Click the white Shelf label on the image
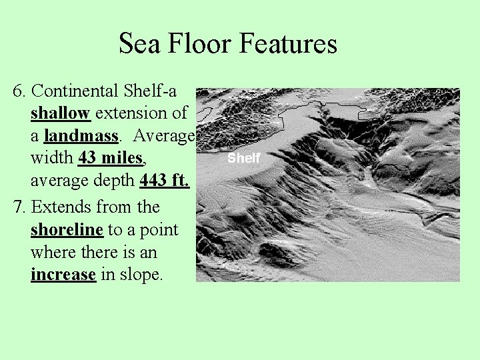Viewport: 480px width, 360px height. point(243,158)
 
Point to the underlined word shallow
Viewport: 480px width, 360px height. point(60,113)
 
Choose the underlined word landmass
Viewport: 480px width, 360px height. point(81,136)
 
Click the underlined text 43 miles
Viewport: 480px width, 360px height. point(110,159)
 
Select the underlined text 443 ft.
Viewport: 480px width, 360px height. point(165,181)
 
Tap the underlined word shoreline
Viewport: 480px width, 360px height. point(67,229)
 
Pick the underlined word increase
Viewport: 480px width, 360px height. point(63,275)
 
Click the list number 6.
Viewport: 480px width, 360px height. point(19,91)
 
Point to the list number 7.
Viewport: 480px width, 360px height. point(19,207)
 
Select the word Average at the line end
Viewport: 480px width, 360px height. point(163,136)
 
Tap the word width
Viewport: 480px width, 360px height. point(52,159)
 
